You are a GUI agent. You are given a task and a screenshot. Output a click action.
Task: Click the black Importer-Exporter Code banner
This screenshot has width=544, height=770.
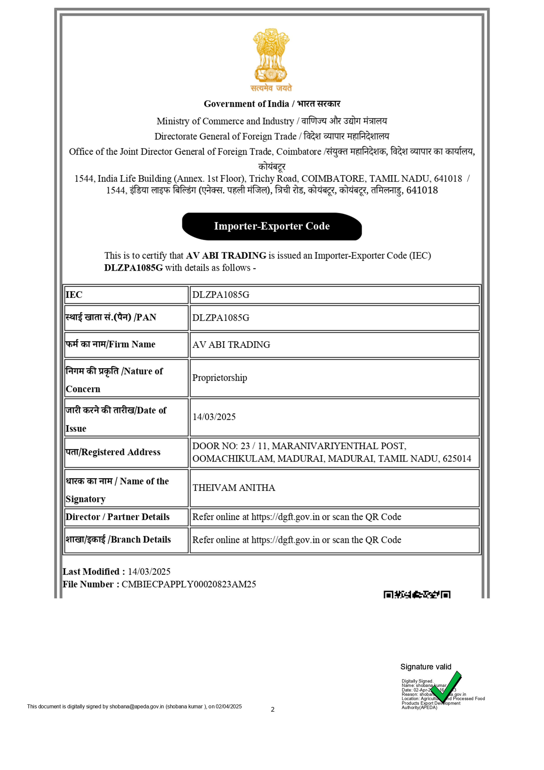(272, 226)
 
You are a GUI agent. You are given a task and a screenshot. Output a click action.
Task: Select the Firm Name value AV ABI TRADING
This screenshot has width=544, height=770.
(231, 345)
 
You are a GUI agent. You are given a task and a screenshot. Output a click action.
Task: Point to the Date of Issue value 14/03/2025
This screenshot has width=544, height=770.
(214, 417)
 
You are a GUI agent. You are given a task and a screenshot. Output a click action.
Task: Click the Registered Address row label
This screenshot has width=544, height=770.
(113, 452)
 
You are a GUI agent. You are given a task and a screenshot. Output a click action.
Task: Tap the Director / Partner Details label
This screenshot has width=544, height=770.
(117, 517)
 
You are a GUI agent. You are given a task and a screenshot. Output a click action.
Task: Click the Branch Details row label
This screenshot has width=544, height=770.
(118, 540)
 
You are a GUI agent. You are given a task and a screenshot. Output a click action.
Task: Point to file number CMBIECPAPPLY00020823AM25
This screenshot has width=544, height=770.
(189, 584)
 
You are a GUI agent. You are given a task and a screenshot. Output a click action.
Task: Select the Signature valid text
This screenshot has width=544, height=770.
(426, 667)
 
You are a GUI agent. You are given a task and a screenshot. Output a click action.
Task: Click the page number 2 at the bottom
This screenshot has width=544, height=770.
(272, 709)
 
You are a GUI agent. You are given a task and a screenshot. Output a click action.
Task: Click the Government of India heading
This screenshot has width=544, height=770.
(272, 104)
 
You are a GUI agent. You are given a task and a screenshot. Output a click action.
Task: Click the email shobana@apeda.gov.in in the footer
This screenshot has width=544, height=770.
(136, 706)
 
